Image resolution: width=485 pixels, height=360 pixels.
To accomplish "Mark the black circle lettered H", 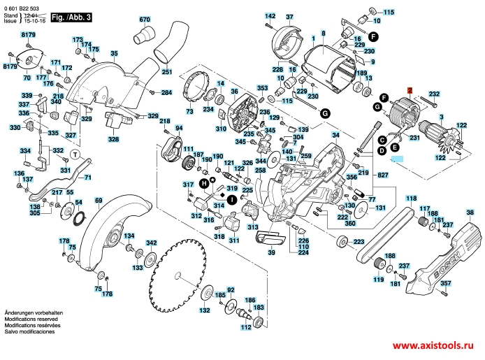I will (x=204, y=182).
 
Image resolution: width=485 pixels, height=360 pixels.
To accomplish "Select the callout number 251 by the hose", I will (x=167, y=72).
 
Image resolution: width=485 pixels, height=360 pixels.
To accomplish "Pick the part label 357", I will (x=446, y=283).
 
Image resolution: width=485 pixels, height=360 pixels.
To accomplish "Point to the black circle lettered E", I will (x=395, y=147).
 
